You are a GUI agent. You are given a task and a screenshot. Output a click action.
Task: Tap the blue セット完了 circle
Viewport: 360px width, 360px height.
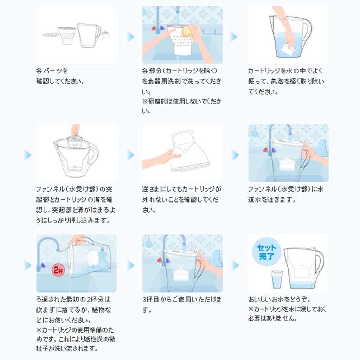[266, 252]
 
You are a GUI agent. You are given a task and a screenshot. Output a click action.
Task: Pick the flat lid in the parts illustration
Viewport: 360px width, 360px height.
[50, 34]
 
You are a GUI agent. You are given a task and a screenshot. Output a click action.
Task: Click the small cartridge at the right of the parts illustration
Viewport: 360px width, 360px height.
[106, 34]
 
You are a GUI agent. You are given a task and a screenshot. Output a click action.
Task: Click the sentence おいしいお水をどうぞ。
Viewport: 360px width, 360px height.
[279, 300]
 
